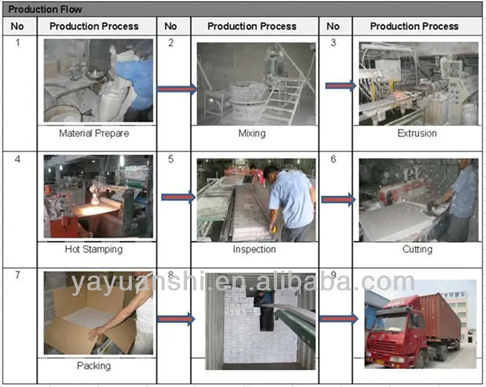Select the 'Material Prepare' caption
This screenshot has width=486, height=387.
[94, 133]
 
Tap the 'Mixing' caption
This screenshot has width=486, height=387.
[252, 133]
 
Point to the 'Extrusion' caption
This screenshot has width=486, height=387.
[417, 133]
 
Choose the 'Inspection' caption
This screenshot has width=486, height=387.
[254, 249]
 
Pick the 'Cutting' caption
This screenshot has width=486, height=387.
[417, 249]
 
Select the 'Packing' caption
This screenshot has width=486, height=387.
[94, 366]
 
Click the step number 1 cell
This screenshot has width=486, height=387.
[17, 43]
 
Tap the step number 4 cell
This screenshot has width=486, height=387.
[17, 159]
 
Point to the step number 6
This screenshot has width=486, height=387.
[333, 159]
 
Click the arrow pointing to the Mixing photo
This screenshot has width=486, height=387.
[176, 89]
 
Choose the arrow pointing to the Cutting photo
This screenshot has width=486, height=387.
[338, 199]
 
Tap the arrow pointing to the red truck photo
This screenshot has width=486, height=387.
[338, 318]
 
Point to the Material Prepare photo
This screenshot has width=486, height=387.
[98, 81]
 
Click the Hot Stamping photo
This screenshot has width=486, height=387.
[98, 196]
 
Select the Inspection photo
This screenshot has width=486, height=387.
[256, 200]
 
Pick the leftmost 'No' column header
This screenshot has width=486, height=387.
[17, 26]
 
